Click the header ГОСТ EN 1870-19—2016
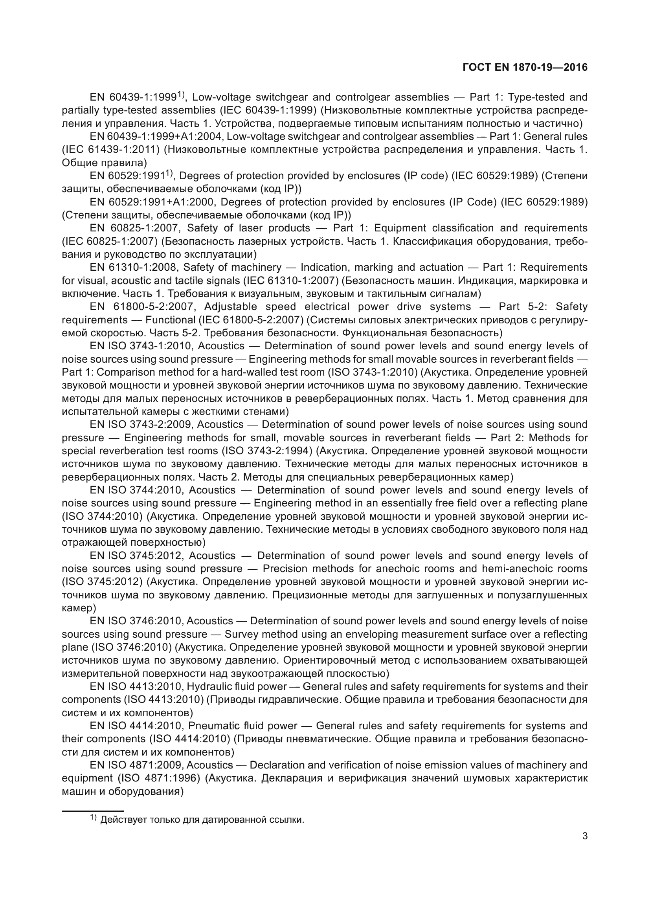525,67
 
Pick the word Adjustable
230,307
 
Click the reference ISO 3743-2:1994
267,451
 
